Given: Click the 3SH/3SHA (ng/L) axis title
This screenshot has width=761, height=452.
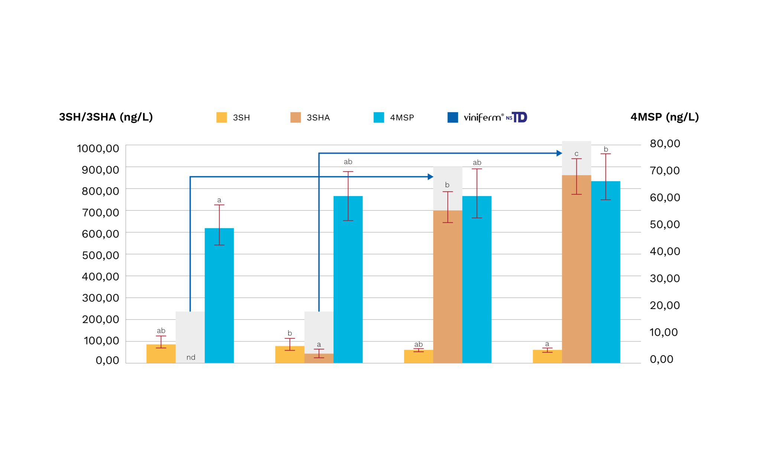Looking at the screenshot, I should point(106,117).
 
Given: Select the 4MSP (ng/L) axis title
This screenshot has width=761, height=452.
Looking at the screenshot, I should point(664,117).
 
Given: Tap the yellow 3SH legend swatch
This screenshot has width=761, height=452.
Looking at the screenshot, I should point(221,117).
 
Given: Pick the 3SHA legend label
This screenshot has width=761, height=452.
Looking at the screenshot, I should point(318,118).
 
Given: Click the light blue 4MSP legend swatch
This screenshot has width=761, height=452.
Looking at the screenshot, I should point(379,117).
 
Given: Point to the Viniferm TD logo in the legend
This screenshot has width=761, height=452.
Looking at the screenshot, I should point(495,117).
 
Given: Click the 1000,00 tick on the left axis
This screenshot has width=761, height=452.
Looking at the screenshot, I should point(98,149).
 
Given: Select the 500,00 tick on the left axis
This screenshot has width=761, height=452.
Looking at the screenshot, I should point(100,255).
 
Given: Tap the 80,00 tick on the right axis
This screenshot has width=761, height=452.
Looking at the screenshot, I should point(665,143).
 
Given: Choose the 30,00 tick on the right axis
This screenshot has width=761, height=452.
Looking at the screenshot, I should point(665,278).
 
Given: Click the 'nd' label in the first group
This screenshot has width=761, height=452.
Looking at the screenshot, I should point(191,357).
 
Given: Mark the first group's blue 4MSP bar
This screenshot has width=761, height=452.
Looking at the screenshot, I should point(219,297).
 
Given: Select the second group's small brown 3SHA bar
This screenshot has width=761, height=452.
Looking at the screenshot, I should point(319,358).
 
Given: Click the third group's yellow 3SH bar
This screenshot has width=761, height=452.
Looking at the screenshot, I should point(418,357).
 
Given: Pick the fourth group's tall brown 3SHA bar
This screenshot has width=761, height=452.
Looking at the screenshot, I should point(576,271).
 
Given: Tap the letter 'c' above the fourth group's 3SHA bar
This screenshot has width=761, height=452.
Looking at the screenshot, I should point(576,154).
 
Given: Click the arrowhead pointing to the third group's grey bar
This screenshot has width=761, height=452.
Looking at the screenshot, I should point(431,177).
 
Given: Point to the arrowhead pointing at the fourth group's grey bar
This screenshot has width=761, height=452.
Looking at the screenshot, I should point(559,153).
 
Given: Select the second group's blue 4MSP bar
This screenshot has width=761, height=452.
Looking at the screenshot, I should point(348,282).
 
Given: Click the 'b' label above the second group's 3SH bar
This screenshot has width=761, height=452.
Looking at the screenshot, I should point(290,333).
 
